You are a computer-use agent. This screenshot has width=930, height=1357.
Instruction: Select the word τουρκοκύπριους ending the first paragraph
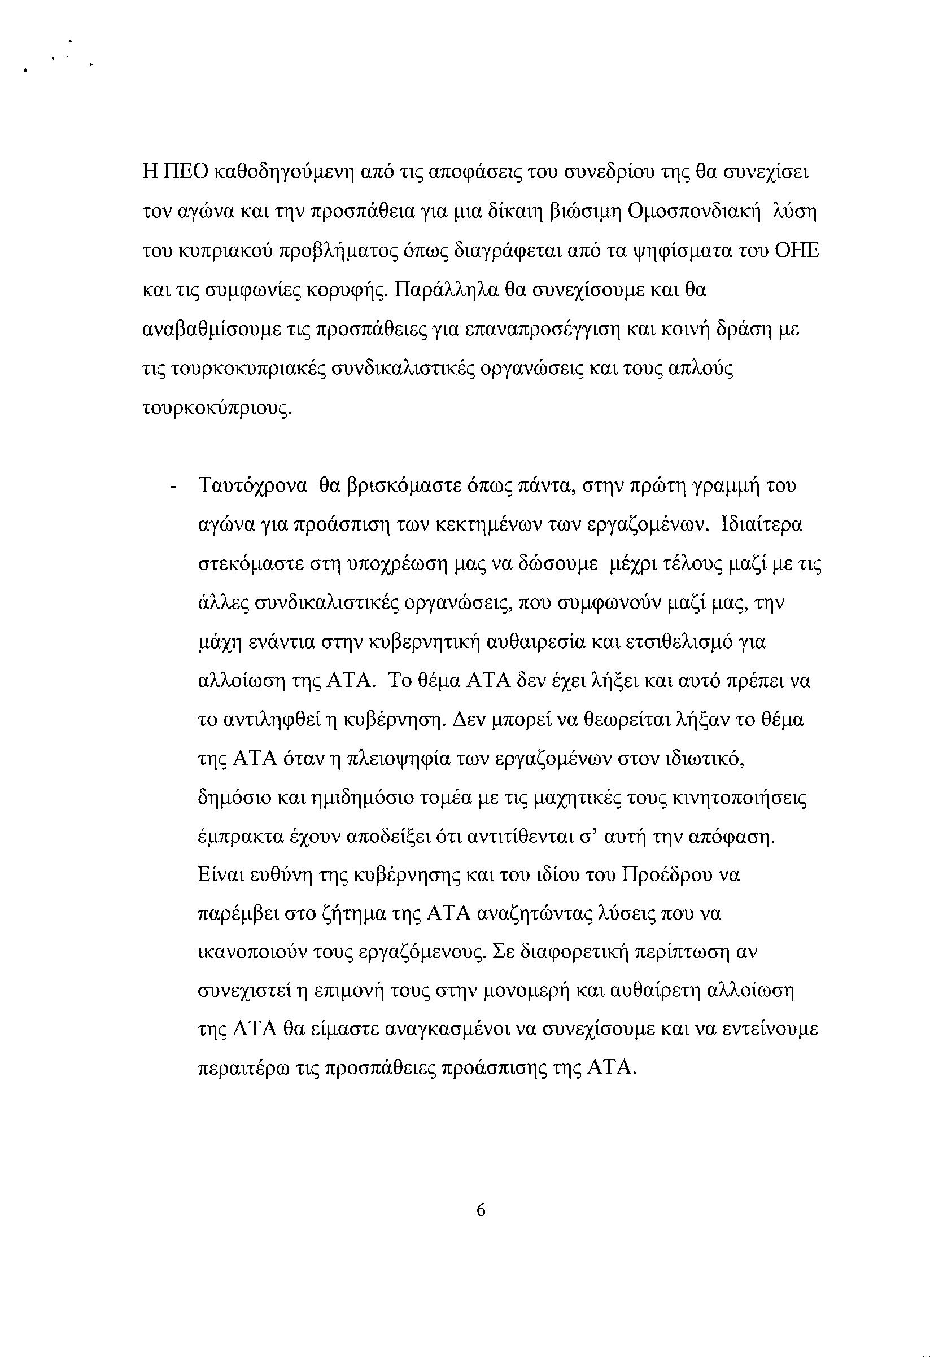point(216,409)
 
